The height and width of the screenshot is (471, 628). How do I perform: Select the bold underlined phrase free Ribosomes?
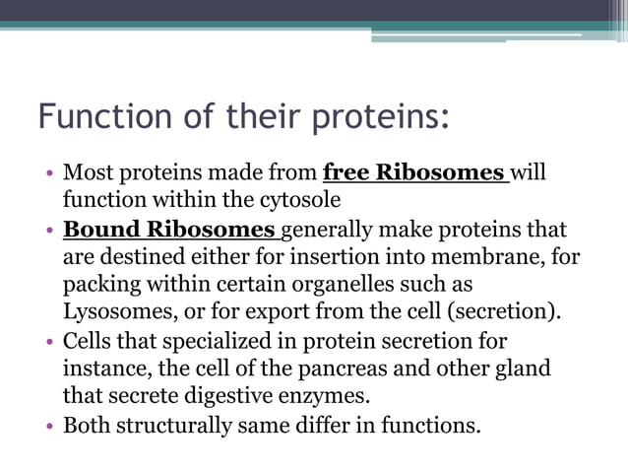pos(413,173)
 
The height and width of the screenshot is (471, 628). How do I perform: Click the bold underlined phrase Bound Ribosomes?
pos(169,231)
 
